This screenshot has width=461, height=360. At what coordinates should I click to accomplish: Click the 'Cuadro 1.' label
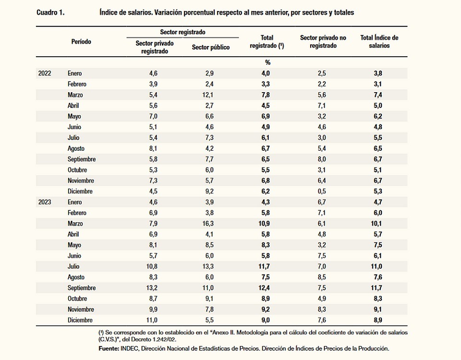pos(50,12)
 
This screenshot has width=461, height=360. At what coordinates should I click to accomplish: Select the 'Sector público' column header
pos(210,48)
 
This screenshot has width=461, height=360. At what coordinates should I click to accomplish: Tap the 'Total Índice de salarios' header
pos(379,41)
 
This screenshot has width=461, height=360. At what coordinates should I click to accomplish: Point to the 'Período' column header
pos(81,42)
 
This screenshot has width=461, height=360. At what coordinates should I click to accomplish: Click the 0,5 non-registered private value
pos(322,192)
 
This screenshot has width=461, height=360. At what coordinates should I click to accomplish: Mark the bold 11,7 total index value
pos(379,288)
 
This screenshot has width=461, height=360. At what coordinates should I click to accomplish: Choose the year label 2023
pos(45,202)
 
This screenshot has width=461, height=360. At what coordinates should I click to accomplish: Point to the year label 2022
pos(45,73)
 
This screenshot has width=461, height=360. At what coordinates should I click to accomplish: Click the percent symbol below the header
pos(267,62)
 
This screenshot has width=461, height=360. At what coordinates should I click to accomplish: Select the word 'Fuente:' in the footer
pos(109,348)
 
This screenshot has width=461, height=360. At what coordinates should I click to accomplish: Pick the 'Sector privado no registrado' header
pos(323,41)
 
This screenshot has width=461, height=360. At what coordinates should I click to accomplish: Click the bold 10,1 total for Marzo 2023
pos(379,224)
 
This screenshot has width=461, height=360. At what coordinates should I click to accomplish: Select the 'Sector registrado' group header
pos(182,32)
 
